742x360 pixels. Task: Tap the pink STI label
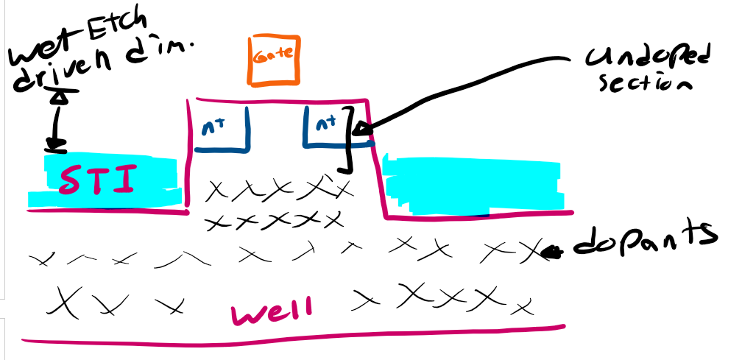98,180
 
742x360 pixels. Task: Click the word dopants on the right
646,240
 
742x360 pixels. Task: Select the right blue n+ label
325,122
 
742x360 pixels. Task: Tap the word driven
66,74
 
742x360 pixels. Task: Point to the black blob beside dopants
552,253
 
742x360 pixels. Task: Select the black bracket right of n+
350,138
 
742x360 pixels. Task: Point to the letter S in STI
69,180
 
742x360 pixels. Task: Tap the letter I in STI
126,180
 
